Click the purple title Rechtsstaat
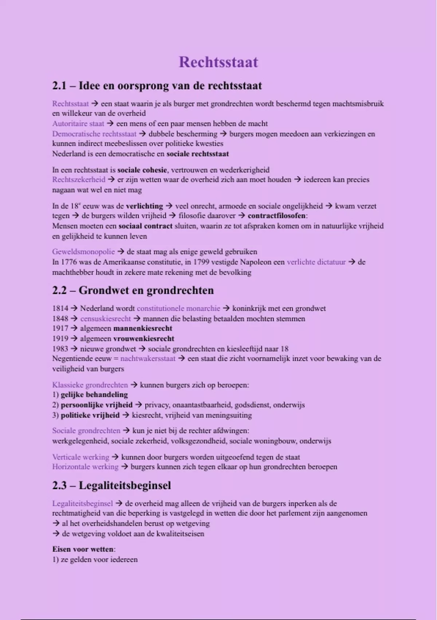coord(219,62)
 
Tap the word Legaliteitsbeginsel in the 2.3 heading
coord(125,486)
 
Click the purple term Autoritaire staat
coord(78,124)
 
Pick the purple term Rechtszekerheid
coord(79,180)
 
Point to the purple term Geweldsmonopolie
coord(83,252)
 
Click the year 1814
coord(60,309)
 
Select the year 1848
coord(60,319)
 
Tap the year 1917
coord(60,329)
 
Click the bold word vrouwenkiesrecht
coord(144,339)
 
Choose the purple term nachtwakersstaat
coord(148,359)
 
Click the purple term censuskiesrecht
coord(105,319)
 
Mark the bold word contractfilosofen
coord(277,216)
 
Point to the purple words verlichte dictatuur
coord(316,262)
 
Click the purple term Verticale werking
coord(80,457)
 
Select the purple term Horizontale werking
coord(85,467)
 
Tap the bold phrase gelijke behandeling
coord(94,395)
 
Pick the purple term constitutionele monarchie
coord(178,309)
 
